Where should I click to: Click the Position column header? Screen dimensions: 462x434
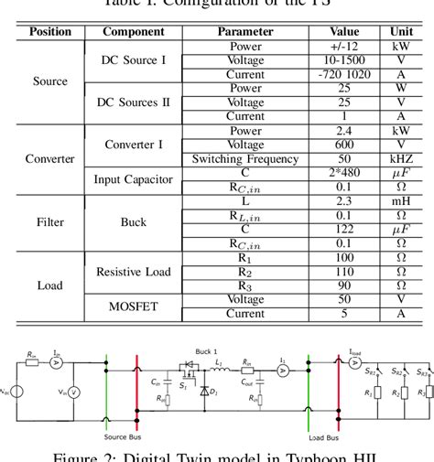(50, 31)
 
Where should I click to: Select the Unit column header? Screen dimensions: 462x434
(404, 31)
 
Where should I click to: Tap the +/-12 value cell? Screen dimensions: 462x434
(346, 46)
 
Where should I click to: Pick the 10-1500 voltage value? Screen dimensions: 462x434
(346, 59)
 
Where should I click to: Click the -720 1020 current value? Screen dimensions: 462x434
(346, 74)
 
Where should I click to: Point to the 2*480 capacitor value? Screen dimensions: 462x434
(346, 173)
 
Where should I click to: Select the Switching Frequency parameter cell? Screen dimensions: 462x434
(245, 159)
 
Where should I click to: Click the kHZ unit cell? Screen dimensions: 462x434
(404, 159)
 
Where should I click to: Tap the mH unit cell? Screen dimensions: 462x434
(404, 201)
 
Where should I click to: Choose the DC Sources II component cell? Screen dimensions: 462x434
(134, 102)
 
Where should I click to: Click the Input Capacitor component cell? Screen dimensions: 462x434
(134, 180)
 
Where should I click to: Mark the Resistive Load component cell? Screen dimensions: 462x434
(134, 272)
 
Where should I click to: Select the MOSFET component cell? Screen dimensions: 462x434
(134, 306)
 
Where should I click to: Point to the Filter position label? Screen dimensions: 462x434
(50, 221)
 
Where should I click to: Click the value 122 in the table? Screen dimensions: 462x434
(346, 230)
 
